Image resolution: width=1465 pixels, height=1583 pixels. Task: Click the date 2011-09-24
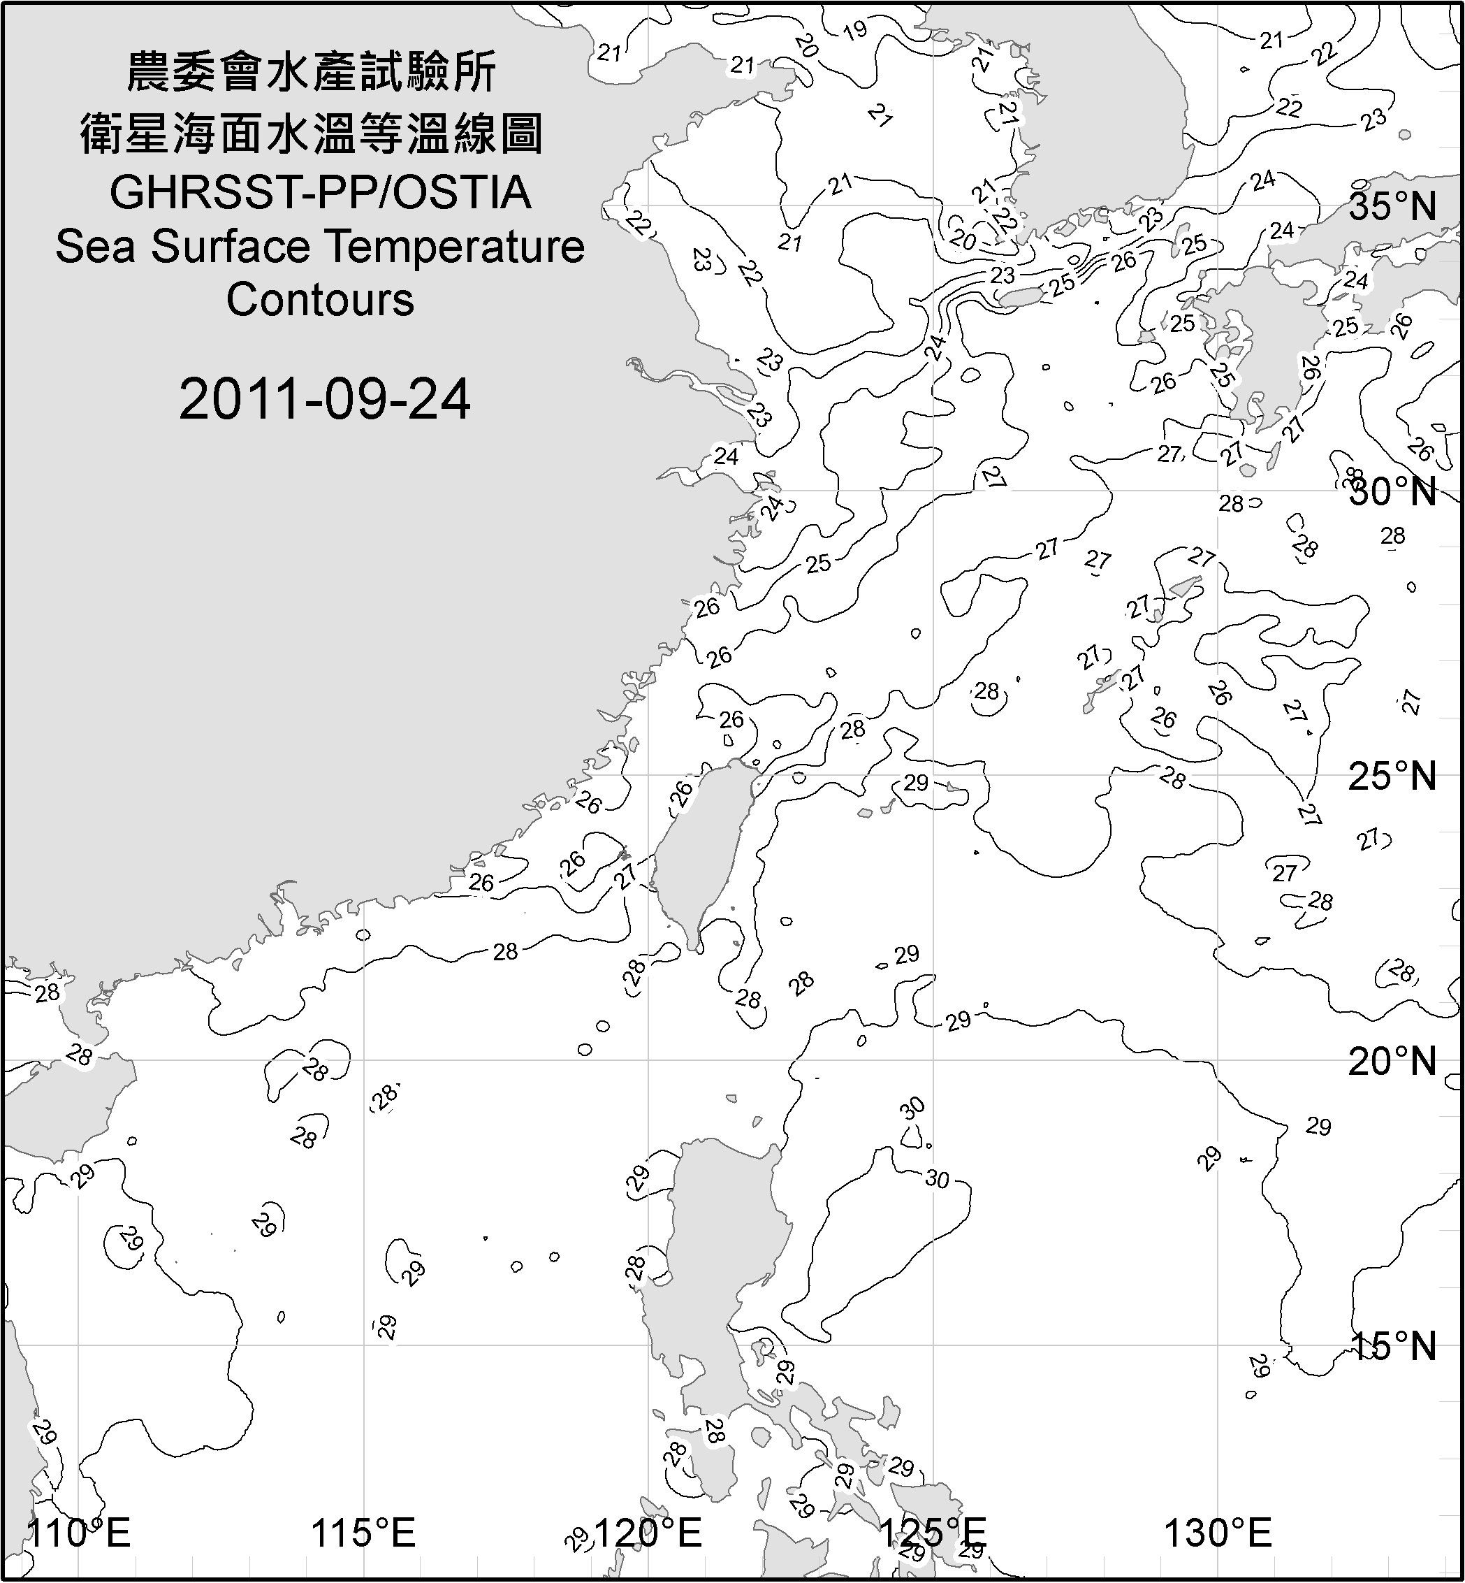pyautogui.click(x=324, y=399)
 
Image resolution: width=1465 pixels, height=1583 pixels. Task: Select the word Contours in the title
pyautogui.click(x=320, y=300)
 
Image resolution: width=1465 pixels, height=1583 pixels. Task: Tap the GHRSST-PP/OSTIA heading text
pyautogui.click(x=320, y=193)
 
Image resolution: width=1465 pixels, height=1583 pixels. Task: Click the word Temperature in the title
pyautogui.click(x=455, y=247)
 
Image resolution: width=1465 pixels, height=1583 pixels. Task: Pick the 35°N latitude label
pyautogui.click(x=1392, y=207)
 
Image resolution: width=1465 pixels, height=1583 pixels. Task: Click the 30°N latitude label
pyautogui.click(x=1392, y=493)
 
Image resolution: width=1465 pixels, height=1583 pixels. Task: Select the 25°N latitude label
pyautogui.click(x=1392, y=776)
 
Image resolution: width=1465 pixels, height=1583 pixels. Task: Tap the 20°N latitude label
pyautogui.click(x=1392, y=1062)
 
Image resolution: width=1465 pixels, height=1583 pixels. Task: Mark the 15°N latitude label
pyautogui.click(x=1392, y=1347)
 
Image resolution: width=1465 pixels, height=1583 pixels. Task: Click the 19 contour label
pyautogui.click(x=854, y=31)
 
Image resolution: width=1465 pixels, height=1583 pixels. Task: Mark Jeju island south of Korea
pyautogui.click(x=1021, y=298)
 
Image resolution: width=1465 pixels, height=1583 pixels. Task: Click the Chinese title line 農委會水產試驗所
pyautogui.click(x=312, y=73)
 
